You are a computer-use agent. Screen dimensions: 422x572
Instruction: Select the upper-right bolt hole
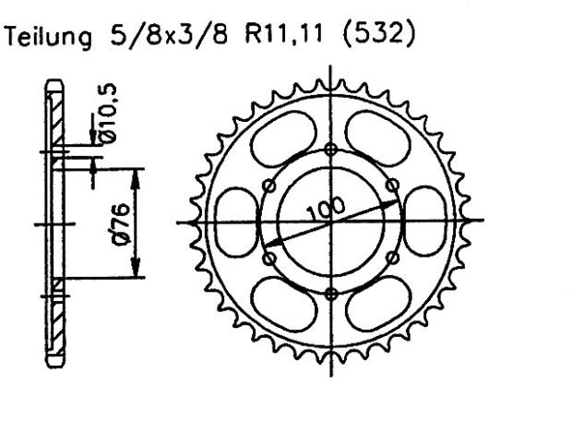[x=393, y=186]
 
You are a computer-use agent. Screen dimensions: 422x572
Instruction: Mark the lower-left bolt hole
[x=269, y=259]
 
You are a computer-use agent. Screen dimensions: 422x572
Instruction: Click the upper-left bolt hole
[x=269, y=186]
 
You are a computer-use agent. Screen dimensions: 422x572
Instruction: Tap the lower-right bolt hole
[x=393, y=259]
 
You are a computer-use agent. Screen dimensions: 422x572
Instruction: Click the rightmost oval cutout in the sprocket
[x=426, y=222]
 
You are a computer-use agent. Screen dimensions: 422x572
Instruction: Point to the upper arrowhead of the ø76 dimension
[x=137, y=175]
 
